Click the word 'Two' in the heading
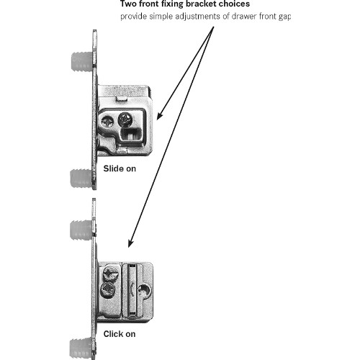tap(128, 4)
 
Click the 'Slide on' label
tap(120, 168)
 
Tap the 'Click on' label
tap(120, 334)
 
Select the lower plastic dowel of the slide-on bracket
tap(81, 179)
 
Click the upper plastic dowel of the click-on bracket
tap(81, 230)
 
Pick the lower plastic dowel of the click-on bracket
tap(81, 348)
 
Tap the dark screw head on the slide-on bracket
tap(125, 119)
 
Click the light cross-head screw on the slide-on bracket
tap(107, 121)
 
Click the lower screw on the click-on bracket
tap(108, 289)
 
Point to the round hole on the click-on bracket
tap(145, 290)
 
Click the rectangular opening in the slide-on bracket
tap(131, 135)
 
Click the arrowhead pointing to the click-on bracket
tap(131, 243)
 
